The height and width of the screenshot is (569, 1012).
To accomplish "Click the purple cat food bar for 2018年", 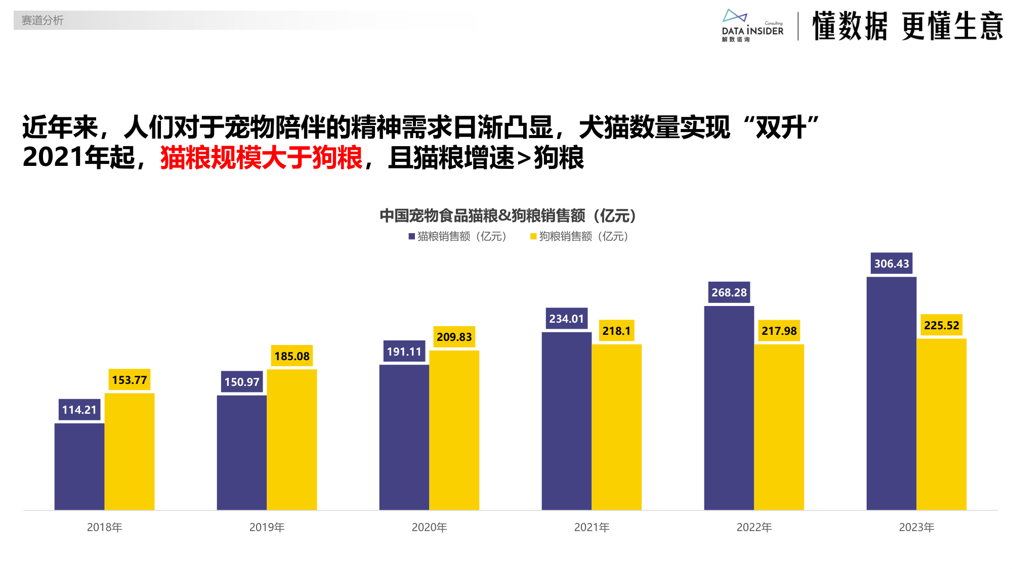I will [79, 466].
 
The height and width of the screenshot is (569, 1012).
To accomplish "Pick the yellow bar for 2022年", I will [779, 427].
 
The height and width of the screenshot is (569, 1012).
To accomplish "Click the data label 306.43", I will [891, 264].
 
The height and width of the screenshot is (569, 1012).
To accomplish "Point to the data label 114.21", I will [79, 410].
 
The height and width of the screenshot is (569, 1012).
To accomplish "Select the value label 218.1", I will [616, 331].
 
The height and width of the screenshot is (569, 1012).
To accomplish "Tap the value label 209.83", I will [454, 337].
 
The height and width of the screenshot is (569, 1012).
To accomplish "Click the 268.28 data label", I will [729, 292].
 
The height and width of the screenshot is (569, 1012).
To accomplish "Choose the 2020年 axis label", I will [429, 527].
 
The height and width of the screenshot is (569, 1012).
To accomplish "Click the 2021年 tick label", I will [592, 527].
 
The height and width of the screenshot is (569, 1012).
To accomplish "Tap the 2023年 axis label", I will [916, 527].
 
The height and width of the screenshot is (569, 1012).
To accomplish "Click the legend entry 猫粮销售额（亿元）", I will [458, 236].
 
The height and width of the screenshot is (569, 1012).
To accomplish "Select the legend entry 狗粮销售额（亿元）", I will [580, 236].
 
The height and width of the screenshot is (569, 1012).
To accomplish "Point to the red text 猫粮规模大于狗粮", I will [261, 158].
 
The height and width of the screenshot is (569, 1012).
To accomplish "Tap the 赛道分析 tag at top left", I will [43, 20].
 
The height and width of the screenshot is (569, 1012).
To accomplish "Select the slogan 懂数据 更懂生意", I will [907, 26].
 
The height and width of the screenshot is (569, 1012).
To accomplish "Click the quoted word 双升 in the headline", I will [781, 127].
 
